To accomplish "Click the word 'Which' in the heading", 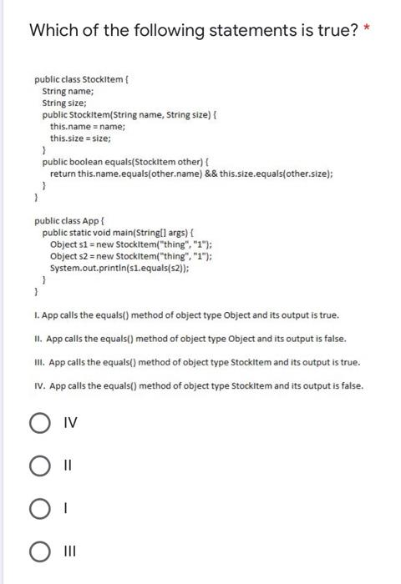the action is click(56, 32).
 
